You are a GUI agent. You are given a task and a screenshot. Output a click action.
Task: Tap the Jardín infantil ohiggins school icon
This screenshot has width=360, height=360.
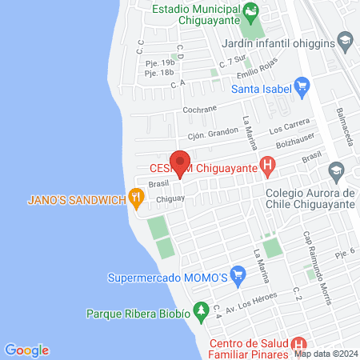pyautogui.click(x=345, y=41)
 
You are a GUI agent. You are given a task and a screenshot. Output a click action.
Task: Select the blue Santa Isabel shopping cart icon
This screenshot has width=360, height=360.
pyautogui.click(x=302, y=85)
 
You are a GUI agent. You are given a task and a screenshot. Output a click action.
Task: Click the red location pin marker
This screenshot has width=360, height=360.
pyautogui.click(x=181, y=162)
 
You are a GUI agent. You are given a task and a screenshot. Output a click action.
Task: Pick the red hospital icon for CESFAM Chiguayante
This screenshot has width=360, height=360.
pyautogui.click(x=269, y=168)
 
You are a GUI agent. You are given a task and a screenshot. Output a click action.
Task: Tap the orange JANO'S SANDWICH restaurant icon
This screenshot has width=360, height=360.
pyautogui.click(x=138, y=198)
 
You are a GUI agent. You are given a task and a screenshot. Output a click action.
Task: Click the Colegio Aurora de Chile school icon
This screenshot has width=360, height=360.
pyautogui.click(x=336, y=170)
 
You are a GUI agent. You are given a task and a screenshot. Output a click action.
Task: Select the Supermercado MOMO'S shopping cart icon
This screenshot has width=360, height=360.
pyautogui.click(x=237, y=278)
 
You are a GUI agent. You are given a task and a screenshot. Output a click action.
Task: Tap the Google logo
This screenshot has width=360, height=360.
pyautogui.click(x=26, y=350)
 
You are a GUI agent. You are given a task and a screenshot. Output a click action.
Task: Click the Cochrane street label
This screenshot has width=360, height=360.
pyautogui.click(x=199, y=111)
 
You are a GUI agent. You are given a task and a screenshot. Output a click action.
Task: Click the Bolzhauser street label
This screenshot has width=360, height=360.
pyautogui.click(x=291, y=144)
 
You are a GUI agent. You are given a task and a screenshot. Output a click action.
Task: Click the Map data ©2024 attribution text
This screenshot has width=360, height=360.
pyautogui.click(x=326, y=353)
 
